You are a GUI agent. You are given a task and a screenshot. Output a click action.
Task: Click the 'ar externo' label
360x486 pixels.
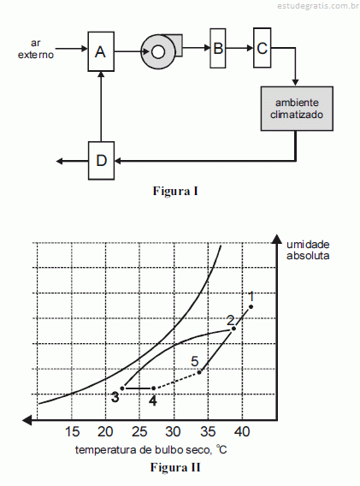coord(36,49)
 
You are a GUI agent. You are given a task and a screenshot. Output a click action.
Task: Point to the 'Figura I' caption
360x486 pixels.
coord(175,191)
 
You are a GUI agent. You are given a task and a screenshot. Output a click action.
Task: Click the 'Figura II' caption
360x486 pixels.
coord(175,467)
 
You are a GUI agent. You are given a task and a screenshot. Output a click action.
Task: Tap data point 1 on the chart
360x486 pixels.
coord(251,307)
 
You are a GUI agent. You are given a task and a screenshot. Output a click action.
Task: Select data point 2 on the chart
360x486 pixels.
coord(234,329)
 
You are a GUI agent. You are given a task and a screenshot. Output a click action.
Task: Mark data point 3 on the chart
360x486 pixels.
coord(122,388)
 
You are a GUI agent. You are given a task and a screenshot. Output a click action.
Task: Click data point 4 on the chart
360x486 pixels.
coord(153,388)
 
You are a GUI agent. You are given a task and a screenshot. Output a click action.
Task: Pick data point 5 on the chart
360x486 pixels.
coord(199,372)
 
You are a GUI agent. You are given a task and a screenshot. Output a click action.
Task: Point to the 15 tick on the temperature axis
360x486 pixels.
coord(72,431)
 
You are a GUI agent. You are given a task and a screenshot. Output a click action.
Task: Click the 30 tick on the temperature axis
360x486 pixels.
coord(173,431)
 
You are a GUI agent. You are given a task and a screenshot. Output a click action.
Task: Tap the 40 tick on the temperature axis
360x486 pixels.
coord(242,431)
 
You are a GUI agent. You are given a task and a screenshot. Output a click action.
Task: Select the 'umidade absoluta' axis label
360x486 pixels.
coord(308,250)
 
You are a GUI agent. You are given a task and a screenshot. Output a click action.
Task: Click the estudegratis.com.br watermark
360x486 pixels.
coord(318,6)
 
